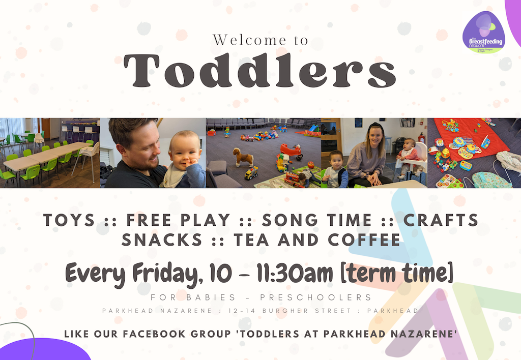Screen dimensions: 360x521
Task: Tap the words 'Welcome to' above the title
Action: point(260,40)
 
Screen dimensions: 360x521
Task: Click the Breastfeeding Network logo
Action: point(483,33)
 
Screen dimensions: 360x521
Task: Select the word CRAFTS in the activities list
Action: point(441,220)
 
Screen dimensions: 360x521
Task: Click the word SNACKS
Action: point(155,239)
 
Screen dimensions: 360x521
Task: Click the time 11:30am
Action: point(294,275)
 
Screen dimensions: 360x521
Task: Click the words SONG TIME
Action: point(316,220)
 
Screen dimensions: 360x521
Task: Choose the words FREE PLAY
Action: point(178,220)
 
